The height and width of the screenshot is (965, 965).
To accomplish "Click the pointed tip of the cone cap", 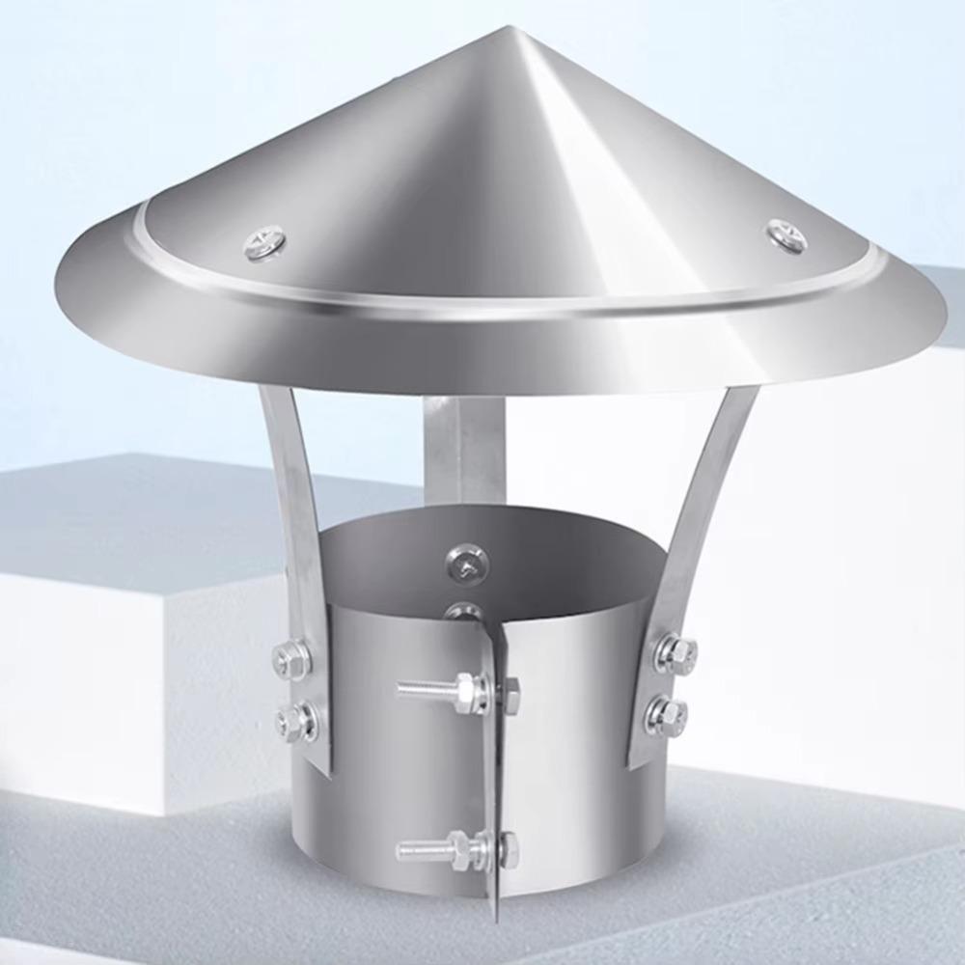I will [522, 29].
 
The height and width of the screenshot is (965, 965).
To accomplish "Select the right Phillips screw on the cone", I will [786, 234].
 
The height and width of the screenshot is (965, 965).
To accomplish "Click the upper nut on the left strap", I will [290, 661].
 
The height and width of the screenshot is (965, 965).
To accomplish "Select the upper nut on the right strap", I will [675, 653].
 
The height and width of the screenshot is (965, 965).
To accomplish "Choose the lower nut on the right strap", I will [668, 715].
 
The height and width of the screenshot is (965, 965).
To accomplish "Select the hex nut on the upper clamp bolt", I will [468, 690].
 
